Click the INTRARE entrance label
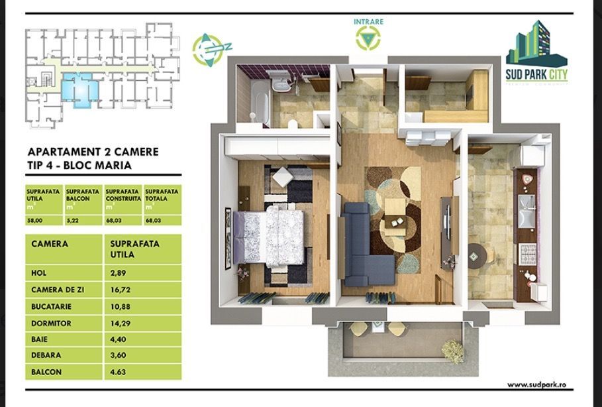(x=368, y=22)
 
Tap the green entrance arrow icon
(x=368, y=38)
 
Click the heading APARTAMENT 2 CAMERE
(x=93, y=152)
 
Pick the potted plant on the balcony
(x=452, y=348)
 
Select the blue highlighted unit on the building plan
(x=81, y=91)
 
